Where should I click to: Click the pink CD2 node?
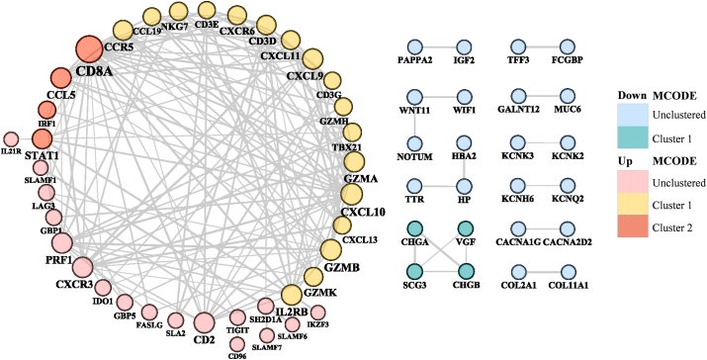click(205, 323)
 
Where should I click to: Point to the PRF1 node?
click(61, 242)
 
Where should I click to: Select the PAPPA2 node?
click(416, 46)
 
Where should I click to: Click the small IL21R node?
click(12, 139)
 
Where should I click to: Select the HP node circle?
click(462, 184)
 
